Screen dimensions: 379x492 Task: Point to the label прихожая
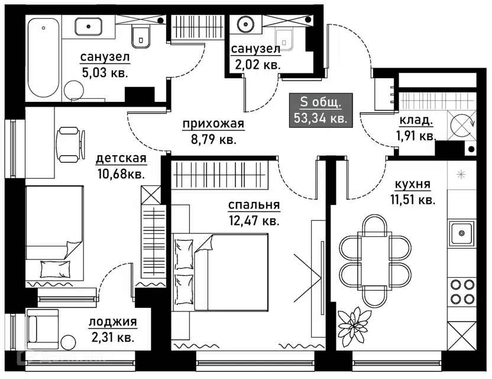205,124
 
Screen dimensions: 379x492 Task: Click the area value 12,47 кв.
254,221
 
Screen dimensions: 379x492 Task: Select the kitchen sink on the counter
461,232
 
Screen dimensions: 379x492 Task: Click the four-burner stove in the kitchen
461,291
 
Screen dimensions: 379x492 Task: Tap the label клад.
416,121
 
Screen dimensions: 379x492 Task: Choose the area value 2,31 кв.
112,338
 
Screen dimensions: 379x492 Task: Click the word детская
121,159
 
